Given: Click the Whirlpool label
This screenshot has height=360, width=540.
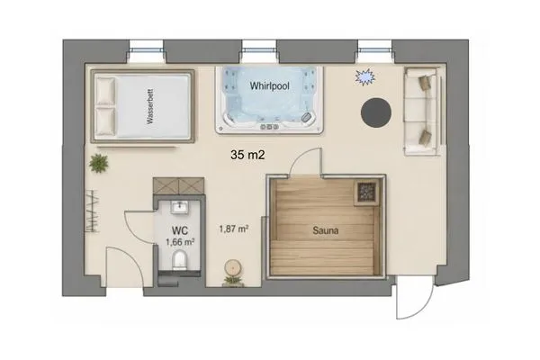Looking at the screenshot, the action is click(269, 85).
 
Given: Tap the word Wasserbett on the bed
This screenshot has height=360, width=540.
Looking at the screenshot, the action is click(149, 106).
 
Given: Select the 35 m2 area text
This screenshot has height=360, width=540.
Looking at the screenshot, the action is click(247, 155).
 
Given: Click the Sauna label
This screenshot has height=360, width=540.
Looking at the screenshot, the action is click(326, 230).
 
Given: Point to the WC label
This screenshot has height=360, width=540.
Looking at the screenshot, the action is click(180, 230).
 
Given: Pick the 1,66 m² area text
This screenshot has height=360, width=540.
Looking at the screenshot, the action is click(180, 242).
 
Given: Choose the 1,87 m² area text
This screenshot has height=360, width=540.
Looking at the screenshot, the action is click(234, 229).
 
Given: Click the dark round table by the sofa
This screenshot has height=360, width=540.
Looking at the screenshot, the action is click(376, 113).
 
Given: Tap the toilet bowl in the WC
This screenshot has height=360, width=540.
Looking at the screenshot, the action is click(179, 260).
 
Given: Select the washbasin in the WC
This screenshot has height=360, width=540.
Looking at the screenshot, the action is click(179, 207).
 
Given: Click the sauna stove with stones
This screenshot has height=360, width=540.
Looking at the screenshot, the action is click(366, 191).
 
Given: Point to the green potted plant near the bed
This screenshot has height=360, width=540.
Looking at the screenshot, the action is click(98, 163).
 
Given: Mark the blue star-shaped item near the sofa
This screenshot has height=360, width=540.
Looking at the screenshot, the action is click(364, 76).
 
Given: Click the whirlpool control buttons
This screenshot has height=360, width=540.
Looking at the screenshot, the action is click(269, 127).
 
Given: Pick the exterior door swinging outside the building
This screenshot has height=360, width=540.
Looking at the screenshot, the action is click(414, 297).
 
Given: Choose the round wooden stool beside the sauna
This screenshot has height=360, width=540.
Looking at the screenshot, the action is click(234, 267).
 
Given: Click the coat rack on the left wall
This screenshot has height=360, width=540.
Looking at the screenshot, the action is click(93, 211).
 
